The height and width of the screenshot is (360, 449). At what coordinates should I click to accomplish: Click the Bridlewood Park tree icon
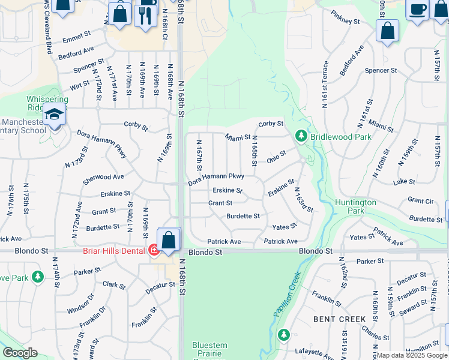[301, 137]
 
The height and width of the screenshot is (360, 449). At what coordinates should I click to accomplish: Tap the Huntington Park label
[355, 206]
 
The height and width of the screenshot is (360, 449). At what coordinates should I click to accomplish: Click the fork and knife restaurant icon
[145, 14]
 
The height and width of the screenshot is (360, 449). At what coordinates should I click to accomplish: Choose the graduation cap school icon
[55, 114]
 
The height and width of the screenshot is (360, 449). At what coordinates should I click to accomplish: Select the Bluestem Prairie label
[209, 349]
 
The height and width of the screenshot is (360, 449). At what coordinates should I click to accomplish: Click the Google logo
[20, 353]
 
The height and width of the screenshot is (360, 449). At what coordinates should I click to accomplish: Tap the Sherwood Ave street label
[103, 177]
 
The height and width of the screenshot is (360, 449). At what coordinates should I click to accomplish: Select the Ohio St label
[277, 156]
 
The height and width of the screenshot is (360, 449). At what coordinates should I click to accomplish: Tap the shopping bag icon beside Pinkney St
[387, 29]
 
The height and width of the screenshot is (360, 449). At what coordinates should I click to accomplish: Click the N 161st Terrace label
[325, 84]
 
